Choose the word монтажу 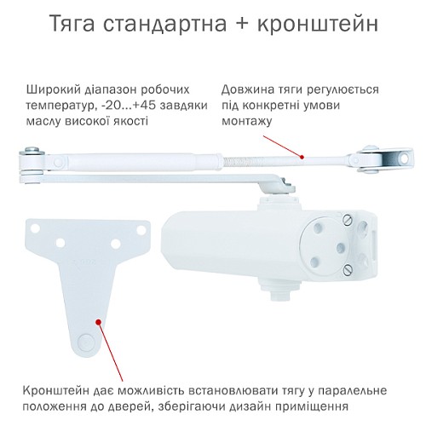pos(247,122)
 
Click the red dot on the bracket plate pos(101,322)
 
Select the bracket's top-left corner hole pos(36,227)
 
